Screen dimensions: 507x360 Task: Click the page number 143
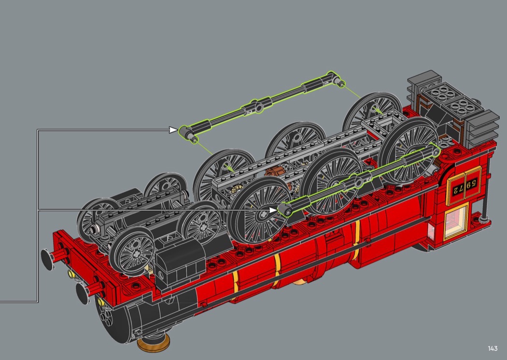click(x=493, y=348)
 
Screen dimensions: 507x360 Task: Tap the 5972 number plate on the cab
click(x=464, y=186)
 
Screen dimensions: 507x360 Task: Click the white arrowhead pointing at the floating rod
click(x=173, y=130)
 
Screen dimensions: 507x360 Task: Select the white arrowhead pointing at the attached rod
click(x=273, y=210)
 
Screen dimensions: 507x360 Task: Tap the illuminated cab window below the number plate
click(x=456, y=221)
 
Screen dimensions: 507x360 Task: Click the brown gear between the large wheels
click(x=278, y=176)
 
